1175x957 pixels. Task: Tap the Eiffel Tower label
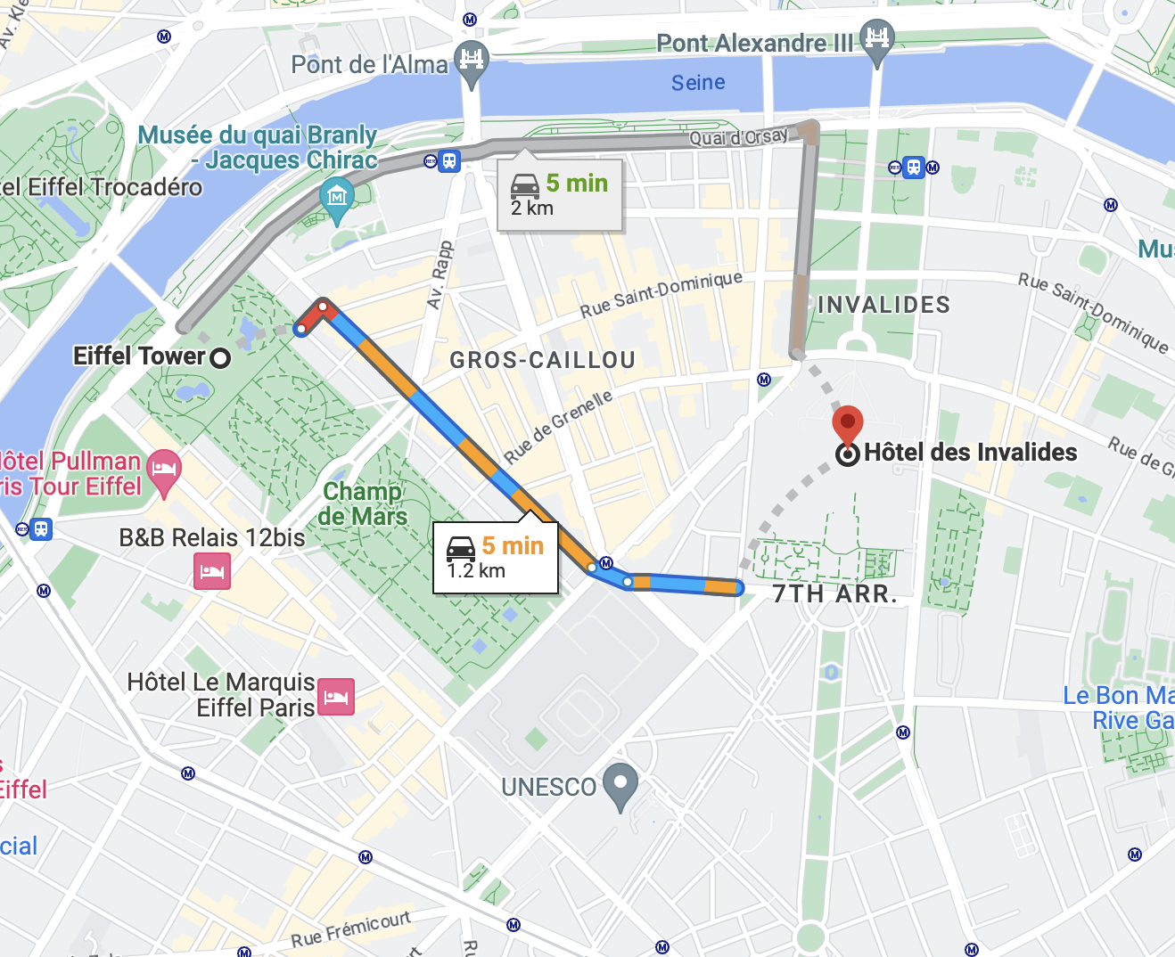(139, 356)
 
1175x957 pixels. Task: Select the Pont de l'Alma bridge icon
(472, 61)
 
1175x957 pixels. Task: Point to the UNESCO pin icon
(620, 784)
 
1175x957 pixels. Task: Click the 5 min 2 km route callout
(559, 195)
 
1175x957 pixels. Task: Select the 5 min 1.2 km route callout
(496, 558)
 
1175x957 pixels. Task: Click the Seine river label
(698, 83)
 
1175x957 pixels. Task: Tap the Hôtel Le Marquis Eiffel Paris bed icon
(336, 696)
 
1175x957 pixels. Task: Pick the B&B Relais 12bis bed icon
(212, 570)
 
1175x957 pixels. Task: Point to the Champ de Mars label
(363, 503)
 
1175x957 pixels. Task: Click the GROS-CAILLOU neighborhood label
(542, 360)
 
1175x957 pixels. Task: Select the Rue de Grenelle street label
(559, 426)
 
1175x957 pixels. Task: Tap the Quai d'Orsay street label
(738, 137)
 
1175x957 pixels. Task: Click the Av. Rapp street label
(440, 274)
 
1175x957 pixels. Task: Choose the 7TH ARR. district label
(834, 594)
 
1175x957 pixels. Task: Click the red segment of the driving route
(314, 315)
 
